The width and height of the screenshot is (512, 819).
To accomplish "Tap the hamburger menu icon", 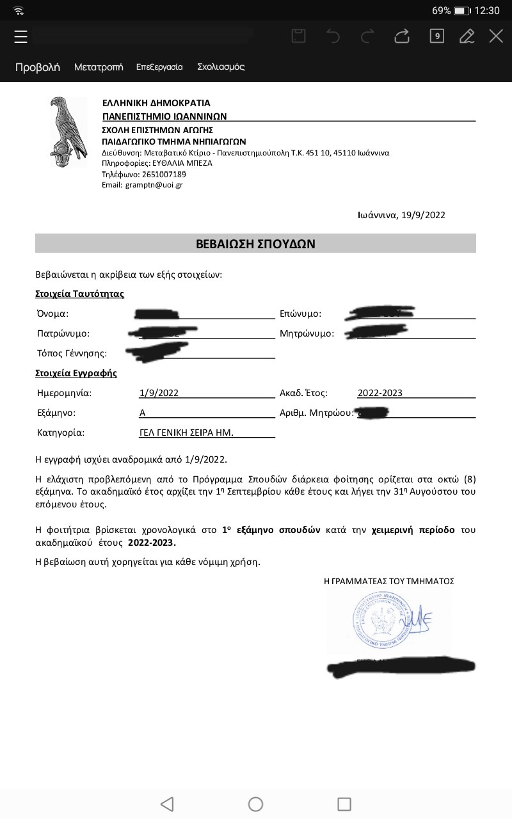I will coord(21,36).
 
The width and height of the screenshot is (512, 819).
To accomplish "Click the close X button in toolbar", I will coord(496,36).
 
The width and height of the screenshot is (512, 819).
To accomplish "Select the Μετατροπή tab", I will coord(99,67).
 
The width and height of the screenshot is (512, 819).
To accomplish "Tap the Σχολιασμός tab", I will coord(221,67).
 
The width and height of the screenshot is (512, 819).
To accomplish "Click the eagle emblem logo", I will coord(68,132).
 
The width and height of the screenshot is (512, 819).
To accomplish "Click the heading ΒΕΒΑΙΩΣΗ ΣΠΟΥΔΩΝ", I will coord(255,244).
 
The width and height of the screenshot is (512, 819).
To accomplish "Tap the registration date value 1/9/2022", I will coord(159,393).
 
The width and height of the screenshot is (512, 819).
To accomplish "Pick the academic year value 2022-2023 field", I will coord(380,393).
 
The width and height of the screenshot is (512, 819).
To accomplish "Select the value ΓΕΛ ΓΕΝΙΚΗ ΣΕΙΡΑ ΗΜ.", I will coord(186,433).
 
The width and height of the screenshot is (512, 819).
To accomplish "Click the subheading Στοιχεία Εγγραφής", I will coord(76,373).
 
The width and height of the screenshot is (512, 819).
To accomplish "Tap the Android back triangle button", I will coord(167,804).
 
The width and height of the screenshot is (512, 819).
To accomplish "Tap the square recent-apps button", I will coord(344,804).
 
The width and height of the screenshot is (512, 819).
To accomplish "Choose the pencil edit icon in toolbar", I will coord(467,36).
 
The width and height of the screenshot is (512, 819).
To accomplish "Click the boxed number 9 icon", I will coord(436,36).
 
